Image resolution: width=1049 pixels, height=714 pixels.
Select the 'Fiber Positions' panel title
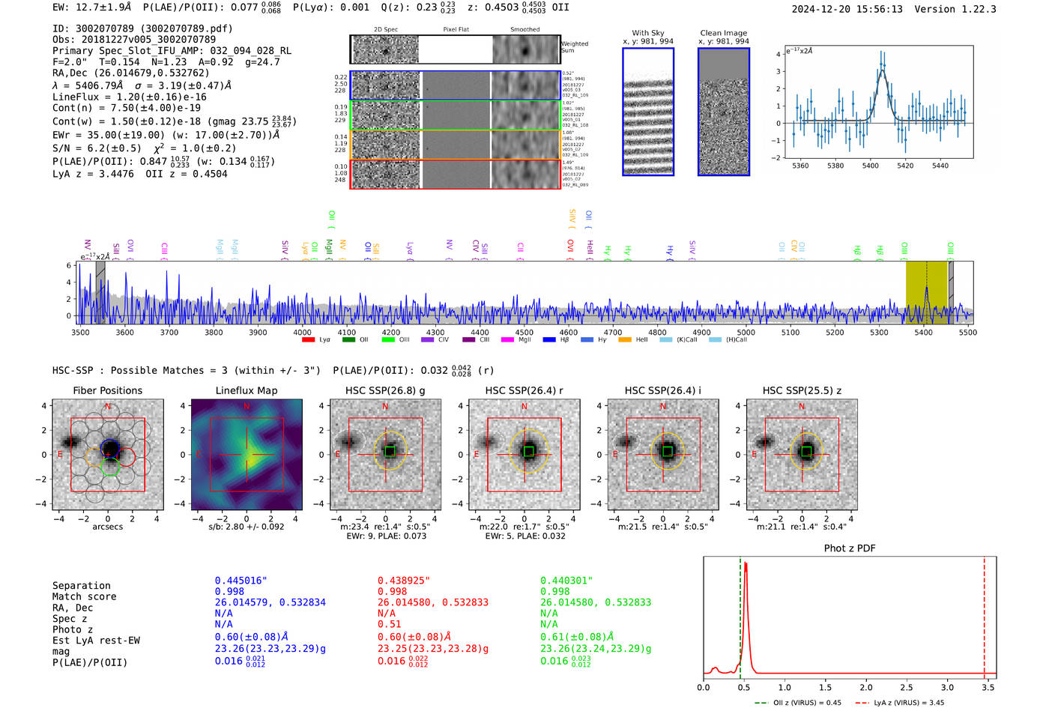click(x=107, y=390)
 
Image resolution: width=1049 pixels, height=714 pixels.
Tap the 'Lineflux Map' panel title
click(x=247, y=390)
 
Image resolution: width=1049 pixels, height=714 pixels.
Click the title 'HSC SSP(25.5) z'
click(x=802, y=390)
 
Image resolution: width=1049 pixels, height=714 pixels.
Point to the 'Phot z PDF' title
click(x=850, y=548)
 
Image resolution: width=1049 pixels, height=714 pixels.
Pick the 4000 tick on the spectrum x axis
click(x=302, y=333)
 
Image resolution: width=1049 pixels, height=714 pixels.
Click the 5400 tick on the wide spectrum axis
click(x=923, y=333)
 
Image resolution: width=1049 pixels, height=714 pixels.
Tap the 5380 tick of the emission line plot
click(x=835, y=166)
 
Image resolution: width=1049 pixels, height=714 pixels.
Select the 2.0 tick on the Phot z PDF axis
click(x=865, y=687)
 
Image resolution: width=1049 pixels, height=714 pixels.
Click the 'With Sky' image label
click(x=647, y=33)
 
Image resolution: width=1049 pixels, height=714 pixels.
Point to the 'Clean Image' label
click(x=723, y=33)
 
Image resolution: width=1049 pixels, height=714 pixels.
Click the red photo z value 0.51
click(x=389, y=624)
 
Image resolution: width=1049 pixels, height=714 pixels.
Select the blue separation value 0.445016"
click(x=241, y=581)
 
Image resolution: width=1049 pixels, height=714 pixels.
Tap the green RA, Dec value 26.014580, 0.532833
click(x=595, y=602)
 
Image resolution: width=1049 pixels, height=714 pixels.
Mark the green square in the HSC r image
click(x=528, y=451)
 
